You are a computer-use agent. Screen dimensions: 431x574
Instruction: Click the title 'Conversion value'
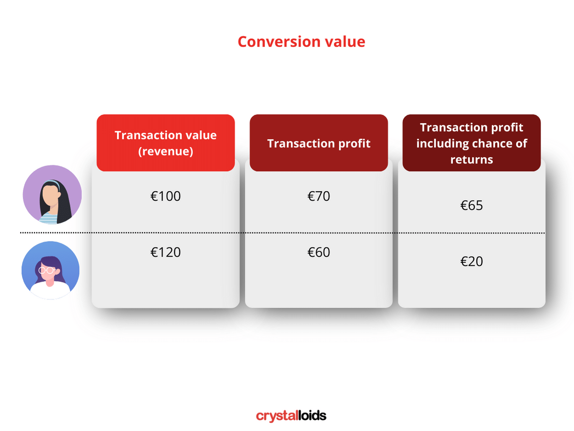301,42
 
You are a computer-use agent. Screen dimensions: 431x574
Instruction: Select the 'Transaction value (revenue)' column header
165,143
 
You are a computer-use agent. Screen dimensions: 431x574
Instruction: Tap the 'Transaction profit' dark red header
319,143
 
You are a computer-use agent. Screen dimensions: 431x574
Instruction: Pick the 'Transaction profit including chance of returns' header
472,143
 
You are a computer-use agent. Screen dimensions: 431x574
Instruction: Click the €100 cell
166,196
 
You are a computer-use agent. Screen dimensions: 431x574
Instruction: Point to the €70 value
319,196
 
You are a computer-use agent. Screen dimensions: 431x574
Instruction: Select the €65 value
472,205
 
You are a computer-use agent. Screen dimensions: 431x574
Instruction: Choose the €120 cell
166,252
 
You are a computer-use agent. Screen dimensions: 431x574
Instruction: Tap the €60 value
319,252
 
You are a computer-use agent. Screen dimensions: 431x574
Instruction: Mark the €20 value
472,261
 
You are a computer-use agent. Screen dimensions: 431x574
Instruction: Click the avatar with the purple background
52,195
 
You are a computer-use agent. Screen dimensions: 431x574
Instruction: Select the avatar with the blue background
51,270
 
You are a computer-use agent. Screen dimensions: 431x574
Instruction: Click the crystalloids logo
291,416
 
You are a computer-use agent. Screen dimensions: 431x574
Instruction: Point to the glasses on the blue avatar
46,270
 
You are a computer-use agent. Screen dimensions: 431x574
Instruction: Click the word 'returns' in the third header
472,160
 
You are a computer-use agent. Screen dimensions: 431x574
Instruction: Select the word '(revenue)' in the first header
165,151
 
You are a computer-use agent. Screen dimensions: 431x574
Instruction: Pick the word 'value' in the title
344,42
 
